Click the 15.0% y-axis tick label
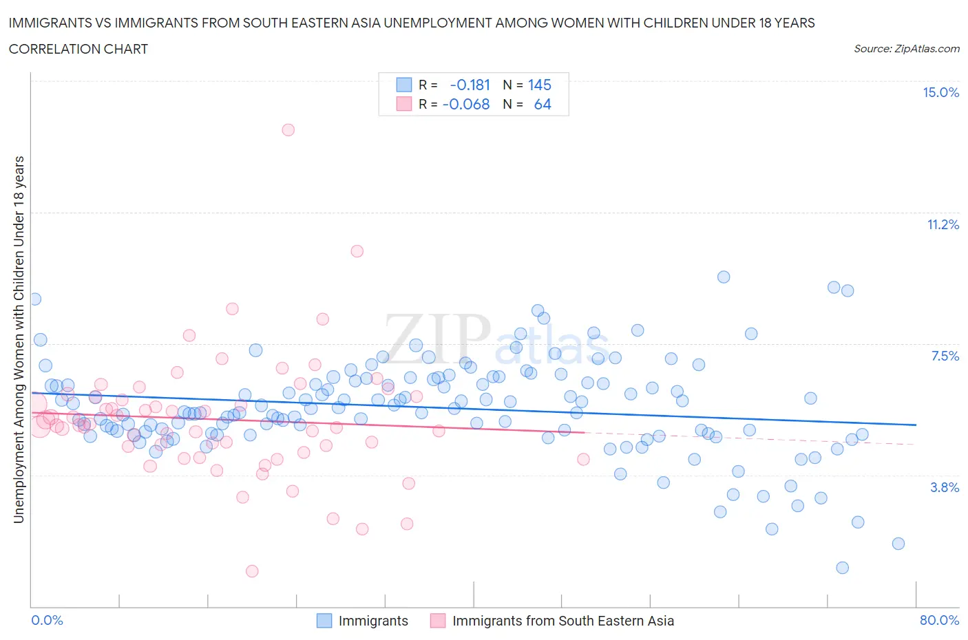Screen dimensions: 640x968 click(x=940, y=93)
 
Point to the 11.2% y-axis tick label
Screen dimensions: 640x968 click(x=943, y=224)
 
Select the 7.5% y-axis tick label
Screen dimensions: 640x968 click(x=945, y=356)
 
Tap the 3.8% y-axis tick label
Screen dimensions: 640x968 click(x=945, y=487)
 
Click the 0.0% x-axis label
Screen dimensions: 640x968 click(x=48, y=620)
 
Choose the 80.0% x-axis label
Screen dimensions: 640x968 click(x=939, y=620)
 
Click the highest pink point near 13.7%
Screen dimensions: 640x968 click(x=288, y=129)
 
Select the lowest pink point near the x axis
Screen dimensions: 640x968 click(x=252, y=571)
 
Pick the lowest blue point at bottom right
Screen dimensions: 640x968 click(x=842, y=568)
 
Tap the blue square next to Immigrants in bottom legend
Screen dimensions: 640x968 click(x=324, y=621)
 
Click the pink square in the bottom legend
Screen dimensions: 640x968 click(x=438, y=621)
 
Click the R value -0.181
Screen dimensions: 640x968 click(x=470, y=85)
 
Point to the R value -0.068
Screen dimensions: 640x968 click(x=466, y=104)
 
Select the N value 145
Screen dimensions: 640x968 click(x=540, y=85)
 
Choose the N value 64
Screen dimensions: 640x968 click(x=543, y=104)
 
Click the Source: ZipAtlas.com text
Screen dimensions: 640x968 click(x=906, y=48)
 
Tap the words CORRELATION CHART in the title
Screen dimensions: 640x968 click(x=78, y=49)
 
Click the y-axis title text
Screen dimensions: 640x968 click(x=19, y=339)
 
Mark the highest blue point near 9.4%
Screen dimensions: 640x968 click(x=724, y=277)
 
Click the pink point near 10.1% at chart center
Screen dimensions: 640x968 click(x=357, y=251)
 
